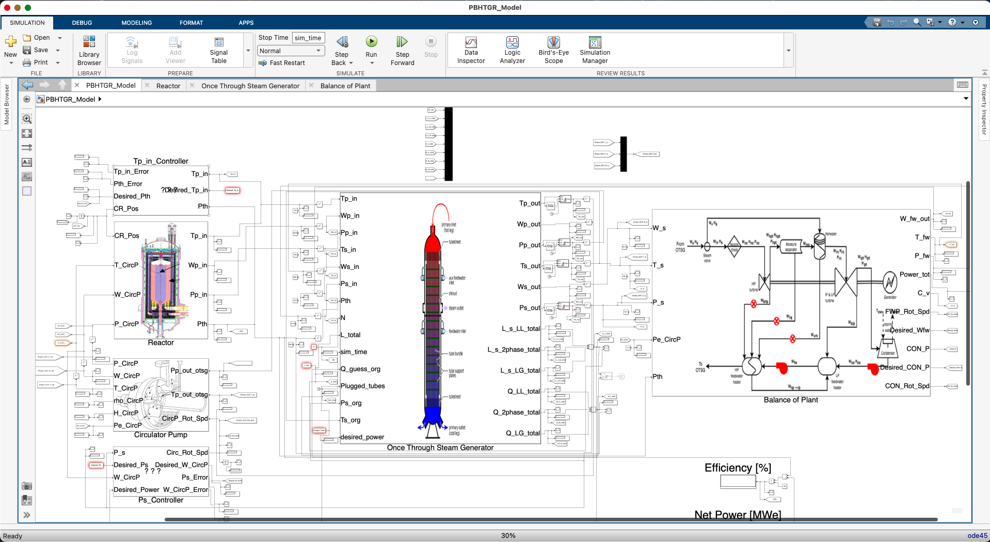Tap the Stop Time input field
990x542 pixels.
[x=308, y=38]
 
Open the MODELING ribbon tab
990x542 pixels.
[x=136, y=23]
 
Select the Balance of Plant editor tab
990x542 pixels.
[x=345, y=86]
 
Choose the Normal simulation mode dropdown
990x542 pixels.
[x=291, y=51]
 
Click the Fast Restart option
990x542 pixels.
[x=287, y=63]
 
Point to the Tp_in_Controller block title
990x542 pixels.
[x=161, y=161]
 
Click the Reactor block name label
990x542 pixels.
[x=161, y=343]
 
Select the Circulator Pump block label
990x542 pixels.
[x=161, y=435]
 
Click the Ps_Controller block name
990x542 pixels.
[x=161, y=500]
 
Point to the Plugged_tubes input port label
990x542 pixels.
[x=362, y=386]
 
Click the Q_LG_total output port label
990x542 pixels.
[x=522, y=433]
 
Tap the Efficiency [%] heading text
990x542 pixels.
[x=738, y=468]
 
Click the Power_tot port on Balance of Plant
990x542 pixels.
[x=914, y=275]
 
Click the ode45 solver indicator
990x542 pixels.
[x=977, y=536]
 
